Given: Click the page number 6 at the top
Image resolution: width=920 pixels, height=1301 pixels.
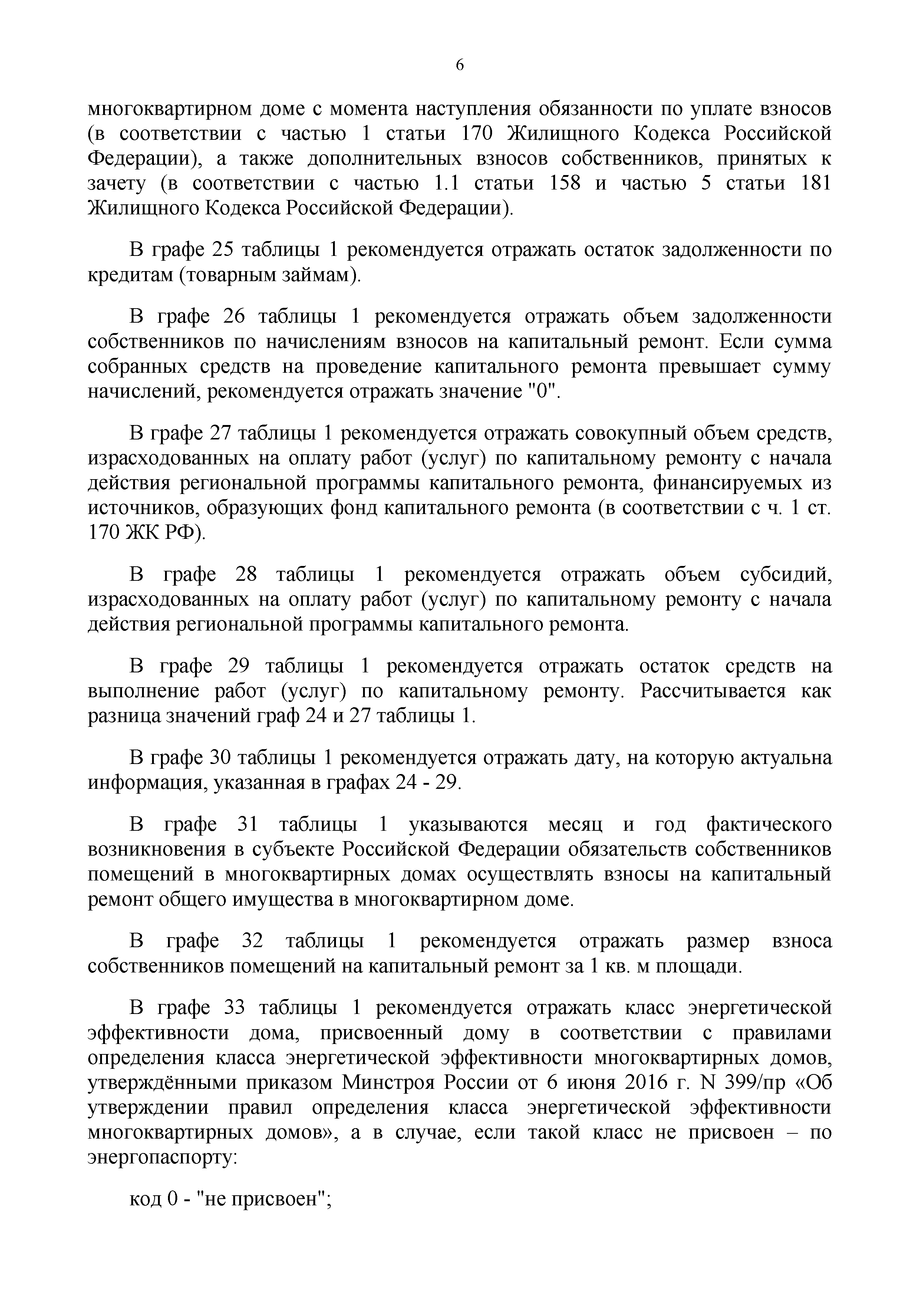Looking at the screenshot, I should pos(459,66).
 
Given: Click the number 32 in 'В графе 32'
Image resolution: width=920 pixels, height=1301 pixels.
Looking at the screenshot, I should pos(253,941).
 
